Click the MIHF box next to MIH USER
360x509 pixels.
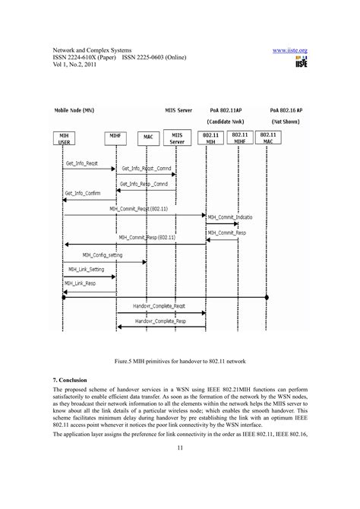pos(115,138)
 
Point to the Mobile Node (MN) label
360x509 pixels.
pos(74,109)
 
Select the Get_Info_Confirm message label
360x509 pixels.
pos(82,193)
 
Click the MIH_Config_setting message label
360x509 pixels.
pos(102,255)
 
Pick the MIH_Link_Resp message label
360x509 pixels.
pos(81,282)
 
